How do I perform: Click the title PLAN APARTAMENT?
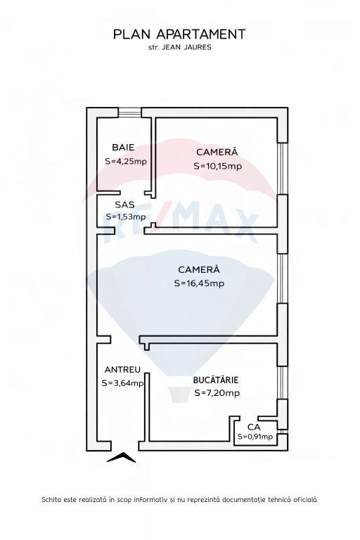pos(179,34)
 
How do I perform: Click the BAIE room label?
pos(123,148)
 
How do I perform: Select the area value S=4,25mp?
pos(126,161)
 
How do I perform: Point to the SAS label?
pos(124,205)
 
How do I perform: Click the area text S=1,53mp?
pos(126,217)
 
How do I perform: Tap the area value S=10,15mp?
pos(218,166)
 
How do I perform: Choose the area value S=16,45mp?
pos(199,283)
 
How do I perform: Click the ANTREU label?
pos(122,370)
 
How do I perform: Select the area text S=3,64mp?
pos(122,383)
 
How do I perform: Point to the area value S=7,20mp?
pos(217,393)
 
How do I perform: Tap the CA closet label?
pos(254,427)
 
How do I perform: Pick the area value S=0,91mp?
pos(255,437)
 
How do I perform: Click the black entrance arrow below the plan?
pos(121,458)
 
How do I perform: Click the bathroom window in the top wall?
pos(130,112)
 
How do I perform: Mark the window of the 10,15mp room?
pos(283,169)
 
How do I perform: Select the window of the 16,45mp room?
pos(283,279)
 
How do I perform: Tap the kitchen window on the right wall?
pos(283,382)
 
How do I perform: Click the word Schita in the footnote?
pos(51,499)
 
